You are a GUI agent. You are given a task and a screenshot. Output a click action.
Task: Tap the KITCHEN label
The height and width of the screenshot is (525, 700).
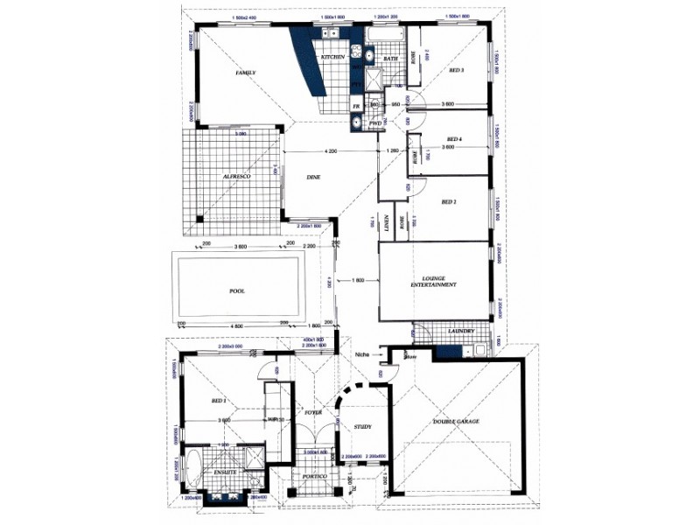(333, 57)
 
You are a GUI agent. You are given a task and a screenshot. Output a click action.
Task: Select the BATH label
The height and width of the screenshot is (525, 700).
(390, 59)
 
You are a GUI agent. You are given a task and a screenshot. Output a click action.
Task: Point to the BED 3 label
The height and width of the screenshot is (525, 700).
(456, 70)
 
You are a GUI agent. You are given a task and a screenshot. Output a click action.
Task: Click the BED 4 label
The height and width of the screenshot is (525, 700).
(453, 139)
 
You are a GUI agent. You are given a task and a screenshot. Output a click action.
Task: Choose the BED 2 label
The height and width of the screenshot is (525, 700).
(450, 201)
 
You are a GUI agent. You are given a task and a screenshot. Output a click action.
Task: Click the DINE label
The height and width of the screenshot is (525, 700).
(313, 178)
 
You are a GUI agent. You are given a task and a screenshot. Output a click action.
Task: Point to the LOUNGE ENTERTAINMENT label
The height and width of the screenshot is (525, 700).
(434, 283)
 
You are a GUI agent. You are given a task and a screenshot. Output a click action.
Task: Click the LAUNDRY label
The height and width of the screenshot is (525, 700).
(460, 332)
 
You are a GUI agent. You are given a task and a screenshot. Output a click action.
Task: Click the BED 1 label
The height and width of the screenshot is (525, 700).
(219, 401)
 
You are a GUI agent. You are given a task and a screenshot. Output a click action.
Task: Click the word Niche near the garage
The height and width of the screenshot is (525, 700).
(365, 354)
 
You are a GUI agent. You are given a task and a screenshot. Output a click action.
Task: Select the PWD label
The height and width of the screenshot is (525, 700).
(375, 124)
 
